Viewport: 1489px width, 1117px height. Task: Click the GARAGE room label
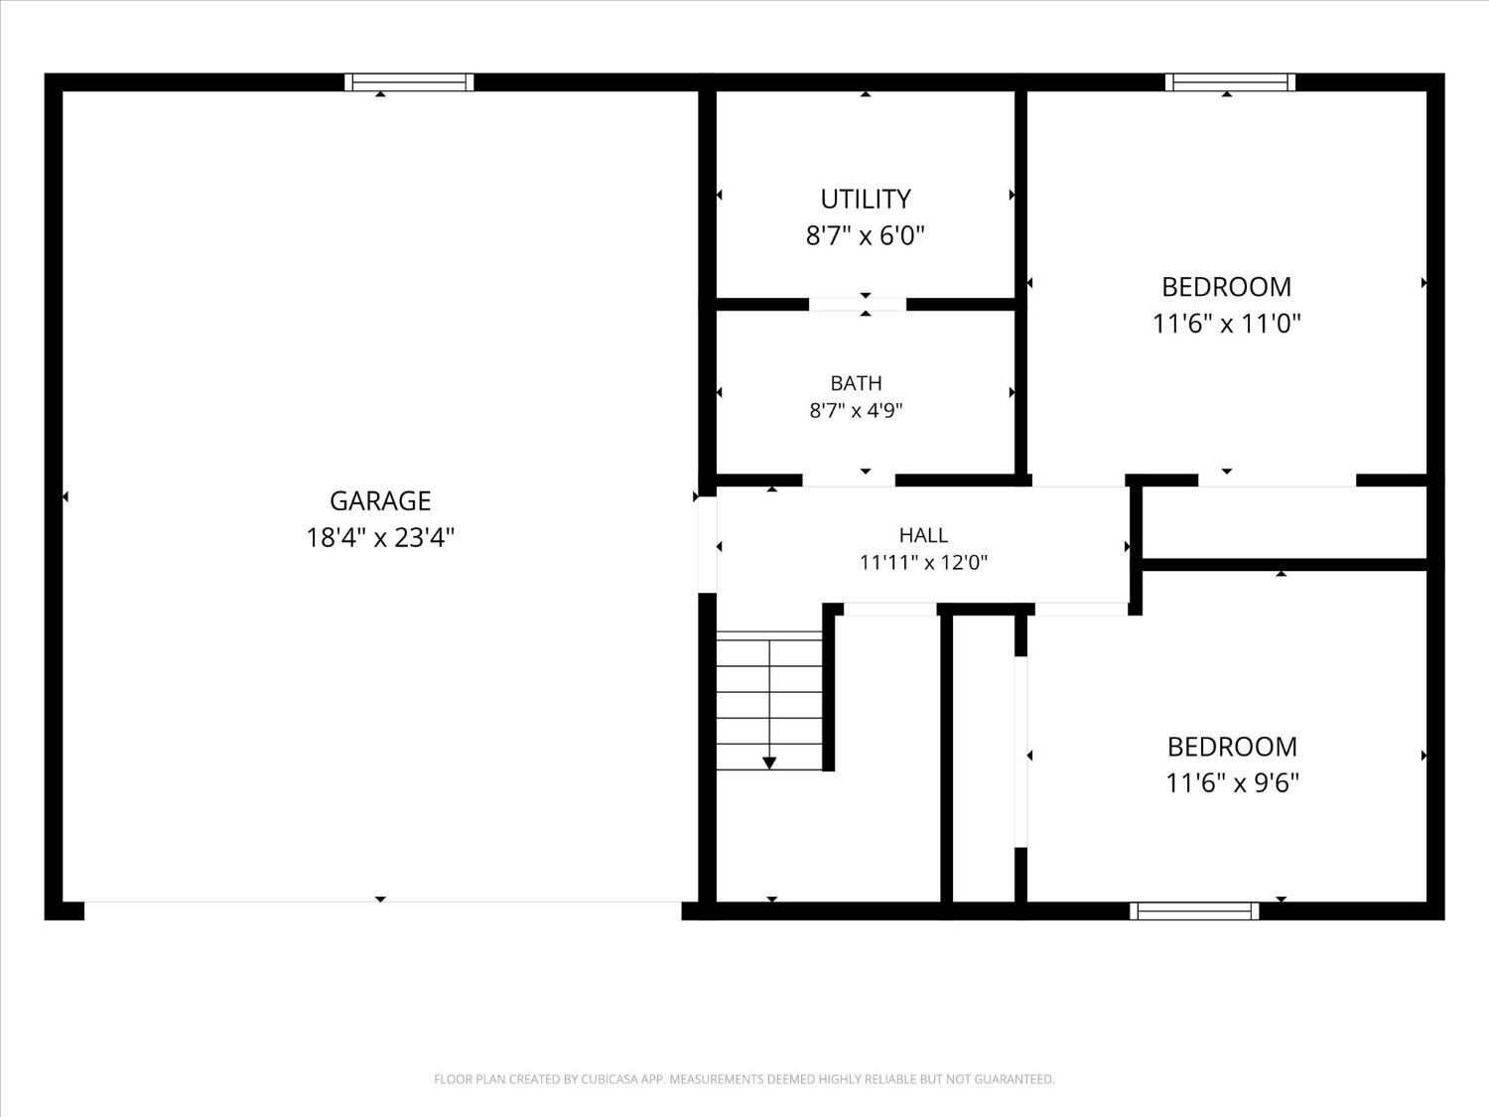tap(380, 501)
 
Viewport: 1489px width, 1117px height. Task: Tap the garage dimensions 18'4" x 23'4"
tap(380, 538)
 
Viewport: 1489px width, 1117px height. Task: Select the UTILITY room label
tap(865, 200)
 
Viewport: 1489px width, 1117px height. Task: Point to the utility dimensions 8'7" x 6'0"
tap(865, 236)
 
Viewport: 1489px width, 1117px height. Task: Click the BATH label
tap(856, 383)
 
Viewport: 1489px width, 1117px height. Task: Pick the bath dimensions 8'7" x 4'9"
tap(856, 411)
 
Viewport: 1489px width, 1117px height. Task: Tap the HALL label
tap(923, 535)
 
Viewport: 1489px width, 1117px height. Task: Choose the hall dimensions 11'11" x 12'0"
tap(923, 563)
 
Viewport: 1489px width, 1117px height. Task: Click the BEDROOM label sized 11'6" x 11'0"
tap(1227, 287)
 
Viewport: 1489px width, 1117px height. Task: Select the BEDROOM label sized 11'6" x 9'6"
tap(1232, 747)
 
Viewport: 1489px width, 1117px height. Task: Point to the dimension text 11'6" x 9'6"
tap(1232, 783)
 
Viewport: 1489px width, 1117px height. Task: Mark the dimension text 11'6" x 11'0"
tap(1227, 324)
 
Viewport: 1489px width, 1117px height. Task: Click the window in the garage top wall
tap(409, 82)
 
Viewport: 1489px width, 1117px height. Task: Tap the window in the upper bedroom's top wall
tap(1230, 82)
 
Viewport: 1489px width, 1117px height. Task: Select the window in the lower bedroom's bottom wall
tap(1194, 910)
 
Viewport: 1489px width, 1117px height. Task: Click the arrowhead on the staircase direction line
tap(768, 764)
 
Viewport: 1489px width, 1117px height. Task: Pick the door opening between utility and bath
tap(858, 305)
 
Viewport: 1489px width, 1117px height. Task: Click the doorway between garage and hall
tap(708, 544)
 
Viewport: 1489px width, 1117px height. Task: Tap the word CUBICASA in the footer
tap(609, 1079)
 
